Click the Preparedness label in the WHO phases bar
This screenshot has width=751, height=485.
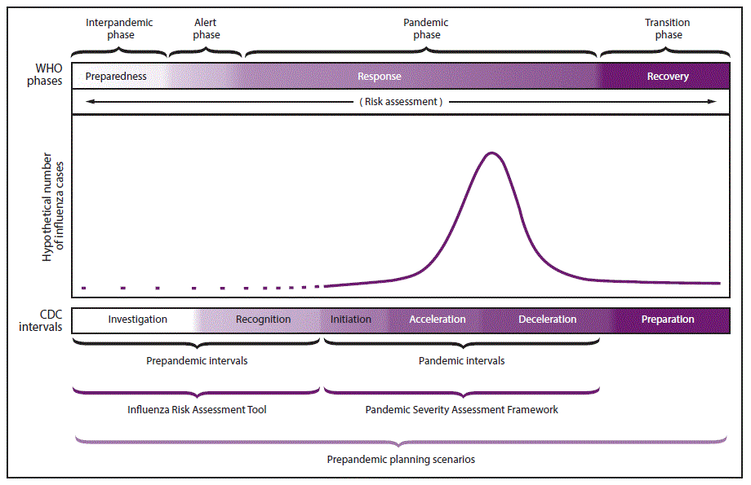pos(116,77)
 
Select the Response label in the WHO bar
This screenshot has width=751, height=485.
pos(380,77)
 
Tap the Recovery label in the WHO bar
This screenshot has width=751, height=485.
pos(668,77)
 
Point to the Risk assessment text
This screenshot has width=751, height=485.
pos(401,102)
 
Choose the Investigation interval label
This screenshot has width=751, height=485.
pos(137,320)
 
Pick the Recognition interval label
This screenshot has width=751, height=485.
pos(263,320)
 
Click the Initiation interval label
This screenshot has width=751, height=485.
pos(351,320)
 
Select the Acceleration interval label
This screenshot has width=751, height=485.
pos(438,320)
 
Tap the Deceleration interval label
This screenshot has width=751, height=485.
pos(547,320)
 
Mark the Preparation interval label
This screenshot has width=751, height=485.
pos(668,320)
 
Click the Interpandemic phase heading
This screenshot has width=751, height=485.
pos(121,29)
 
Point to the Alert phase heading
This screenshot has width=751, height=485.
pos(207,29)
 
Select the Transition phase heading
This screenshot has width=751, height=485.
pos(667,29)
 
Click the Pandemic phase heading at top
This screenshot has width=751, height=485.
pos(426,29)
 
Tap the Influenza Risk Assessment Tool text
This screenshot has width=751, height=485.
pos(197,410)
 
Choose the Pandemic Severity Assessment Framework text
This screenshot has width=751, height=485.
pos(461,410)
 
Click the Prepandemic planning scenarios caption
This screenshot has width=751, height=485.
pos(401,460)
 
